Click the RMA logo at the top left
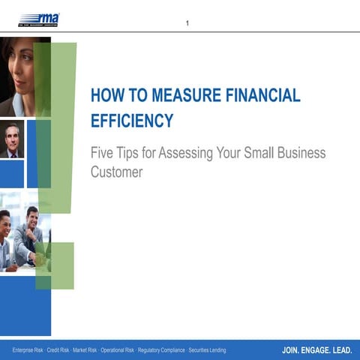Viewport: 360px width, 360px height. pyautogui.click(x=39, y=19)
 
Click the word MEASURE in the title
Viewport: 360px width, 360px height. pyautogui.click(x=178, y=96)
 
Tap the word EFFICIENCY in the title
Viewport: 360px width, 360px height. pyautogui.click(x=132, y=121)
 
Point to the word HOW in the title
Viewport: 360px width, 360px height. pyautogui.click(x=106, y=96)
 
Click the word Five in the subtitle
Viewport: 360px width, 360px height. pyautogui.click(x=103, y=154)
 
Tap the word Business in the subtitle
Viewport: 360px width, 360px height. pyautogui.click(x=302, y=154)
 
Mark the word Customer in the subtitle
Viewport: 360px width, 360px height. pyautogui.click(x=116, y=172)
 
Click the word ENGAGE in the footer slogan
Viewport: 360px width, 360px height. pyautogui.click(x=315, y=350)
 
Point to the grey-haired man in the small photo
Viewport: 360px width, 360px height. pyautogui.click(x=12, y=139)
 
